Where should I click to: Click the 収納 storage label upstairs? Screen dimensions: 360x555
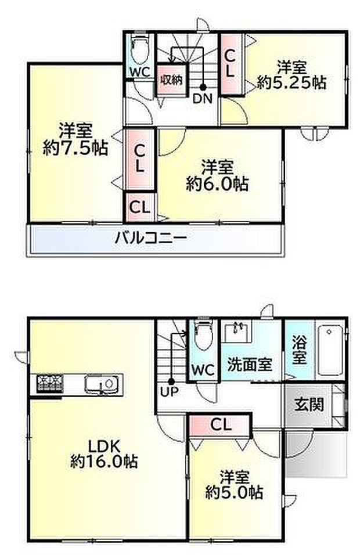(x=172, y=80)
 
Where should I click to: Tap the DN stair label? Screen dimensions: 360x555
(x=203, y=98)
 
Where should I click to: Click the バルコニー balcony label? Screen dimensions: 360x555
(x=150, y=237)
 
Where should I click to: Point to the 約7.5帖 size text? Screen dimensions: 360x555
(x=75, y=148)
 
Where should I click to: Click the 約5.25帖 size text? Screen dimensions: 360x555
(x=291, y=82)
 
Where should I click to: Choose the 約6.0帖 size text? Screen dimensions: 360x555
(x=217, y=184)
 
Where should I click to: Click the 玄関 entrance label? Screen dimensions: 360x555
(x=309, y=404)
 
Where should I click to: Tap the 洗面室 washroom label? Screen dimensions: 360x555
(x=250, y=364)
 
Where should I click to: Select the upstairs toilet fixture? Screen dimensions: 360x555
(x=138, y=48)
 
